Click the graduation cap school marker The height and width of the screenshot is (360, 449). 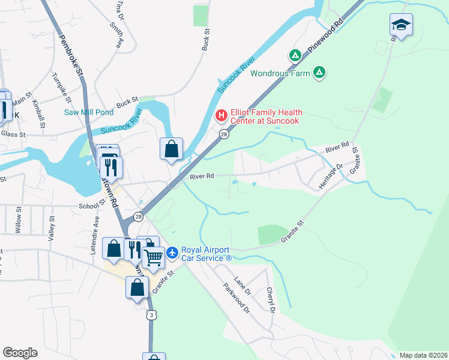(x=401, y=25)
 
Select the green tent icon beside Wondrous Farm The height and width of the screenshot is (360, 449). (x=320, y=73)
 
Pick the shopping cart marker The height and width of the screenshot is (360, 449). (x=154, y=258)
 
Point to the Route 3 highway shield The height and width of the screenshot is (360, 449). (x=152, y=314)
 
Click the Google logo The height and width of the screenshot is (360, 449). (x=20, y=353)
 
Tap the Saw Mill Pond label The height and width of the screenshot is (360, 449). (x=89, y=112)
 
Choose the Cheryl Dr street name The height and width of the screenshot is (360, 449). (x=271, y=300)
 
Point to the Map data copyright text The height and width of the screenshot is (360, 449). (x=423, y=355)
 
